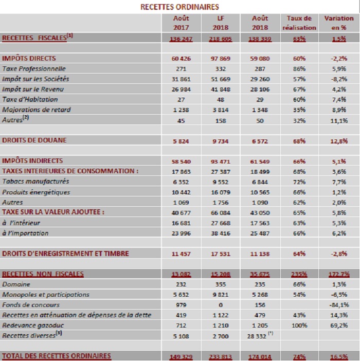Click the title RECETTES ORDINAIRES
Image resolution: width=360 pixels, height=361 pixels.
click(180, 7)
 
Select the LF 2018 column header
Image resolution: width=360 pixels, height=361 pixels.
click(220, 23)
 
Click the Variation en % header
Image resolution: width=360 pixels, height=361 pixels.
click(338, 23)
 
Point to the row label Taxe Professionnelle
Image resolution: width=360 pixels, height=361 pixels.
click(34, 68)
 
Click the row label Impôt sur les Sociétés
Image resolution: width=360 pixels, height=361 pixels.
click(35, 79)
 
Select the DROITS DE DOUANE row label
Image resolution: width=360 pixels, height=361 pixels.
click(34, 140)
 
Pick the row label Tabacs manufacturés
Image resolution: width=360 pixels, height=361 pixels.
click(35, 182)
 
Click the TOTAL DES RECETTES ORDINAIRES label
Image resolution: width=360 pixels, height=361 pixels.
click(57, 356)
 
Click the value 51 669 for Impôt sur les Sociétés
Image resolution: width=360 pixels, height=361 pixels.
click(220, 79)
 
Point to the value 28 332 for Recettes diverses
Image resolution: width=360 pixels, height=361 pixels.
click(260, 336)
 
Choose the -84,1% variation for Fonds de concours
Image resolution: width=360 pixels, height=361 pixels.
click(338, 305)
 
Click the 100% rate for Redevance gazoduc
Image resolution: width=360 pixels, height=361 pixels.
click(300, 326)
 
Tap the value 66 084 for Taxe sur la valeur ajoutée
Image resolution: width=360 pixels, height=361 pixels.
click(220, 213)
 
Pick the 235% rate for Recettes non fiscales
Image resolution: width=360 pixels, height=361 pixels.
click(300, 274)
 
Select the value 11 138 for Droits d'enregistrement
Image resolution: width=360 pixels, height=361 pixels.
click(260, 254)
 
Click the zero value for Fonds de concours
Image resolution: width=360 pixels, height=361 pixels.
click(220, 305)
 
